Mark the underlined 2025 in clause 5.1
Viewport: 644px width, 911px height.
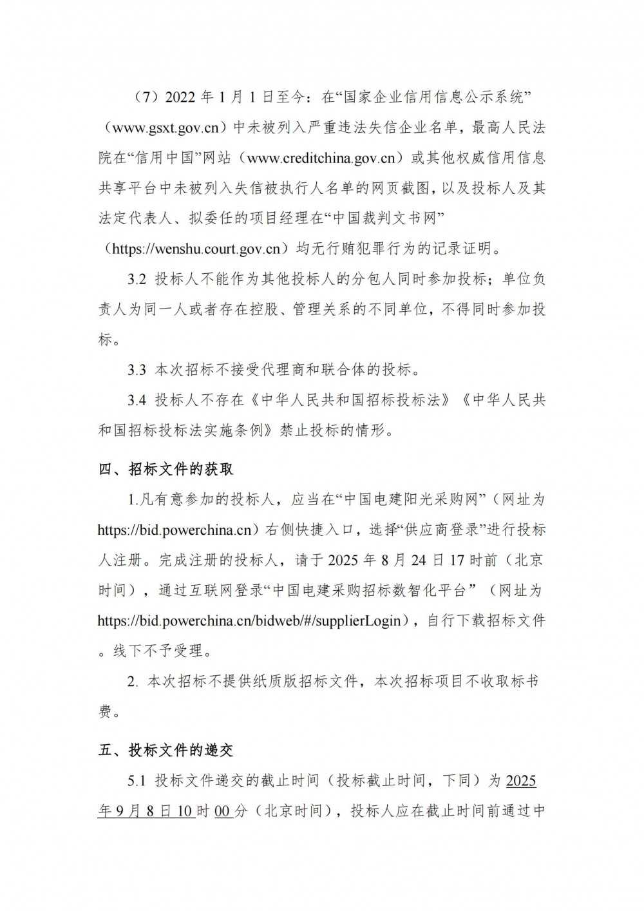pos(521,781)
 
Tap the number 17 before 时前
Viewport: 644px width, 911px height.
pos(457,560)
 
